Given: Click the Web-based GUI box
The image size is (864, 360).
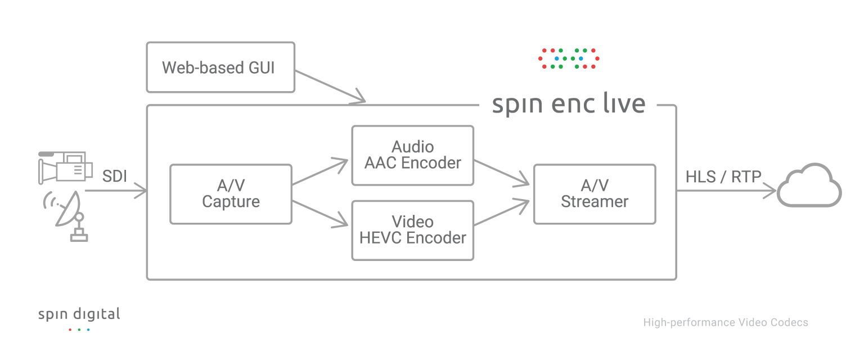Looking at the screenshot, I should [220, 67].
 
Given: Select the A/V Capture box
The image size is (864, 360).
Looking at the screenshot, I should [231, 194].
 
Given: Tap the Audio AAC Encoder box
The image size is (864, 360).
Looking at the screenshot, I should [412, 155].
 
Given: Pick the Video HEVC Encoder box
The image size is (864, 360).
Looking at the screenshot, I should [412, 230].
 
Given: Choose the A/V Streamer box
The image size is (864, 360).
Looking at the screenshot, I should [595, 194].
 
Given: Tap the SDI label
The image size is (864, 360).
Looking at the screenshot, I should [114, 177].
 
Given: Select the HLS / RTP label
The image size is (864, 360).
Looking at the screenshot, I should [723, 177].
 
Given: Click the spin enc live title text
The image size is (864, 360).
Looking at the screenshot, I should [568, 105].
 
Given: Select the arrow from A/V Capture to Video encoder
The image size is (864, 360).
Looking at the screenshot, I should [321, 214].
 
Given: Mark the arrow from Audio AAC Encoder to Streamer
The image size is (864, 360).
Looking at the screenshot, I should [502, 173].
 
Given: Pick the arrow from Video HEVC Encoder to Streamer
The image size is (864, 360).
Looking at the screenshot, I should [502, 214].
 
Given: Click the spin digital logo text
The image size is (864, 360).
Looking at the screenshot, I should [79, 314].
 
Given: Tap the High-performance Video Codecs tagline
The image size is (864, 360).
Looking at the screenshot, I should [726, 322].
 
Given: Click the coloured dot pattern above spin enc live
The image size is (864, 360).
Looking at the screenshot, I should [569, 58].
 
